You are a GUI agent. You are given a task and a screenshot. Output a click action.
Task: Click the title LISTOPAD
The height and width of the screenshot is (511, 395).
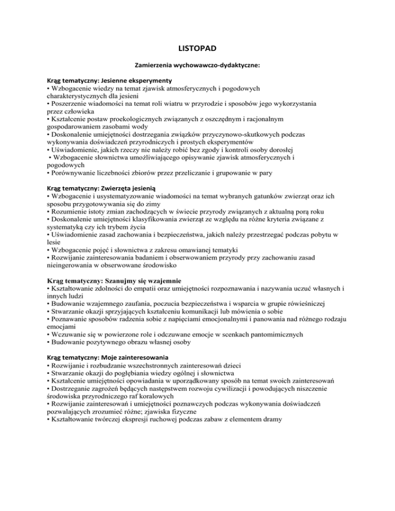tap(197, 49)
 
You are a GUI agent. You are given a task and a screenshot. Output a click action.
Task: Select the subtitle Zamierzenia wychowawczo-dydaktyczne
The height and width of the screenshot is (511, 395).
tap(197, 66)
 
